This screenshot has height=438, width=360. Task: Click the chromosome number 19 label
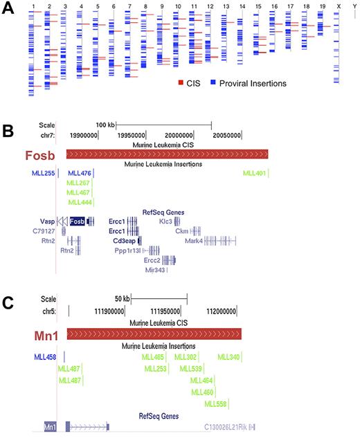tap(321, 6)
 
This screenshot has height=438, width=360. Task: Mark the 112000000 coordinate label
tap(233, 312)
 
